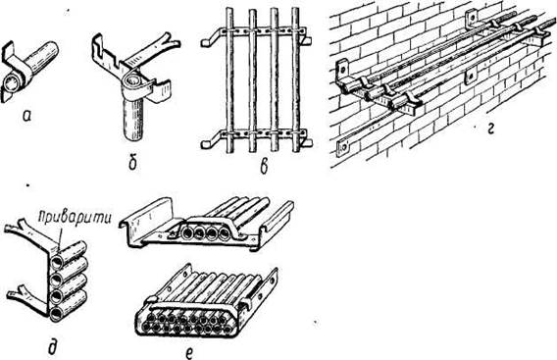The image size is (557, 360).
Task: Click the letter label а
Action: coord(25,116)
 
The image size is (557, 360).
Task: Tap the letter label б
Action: coord(133,163)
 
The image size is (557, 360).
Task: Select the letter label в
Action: coord(264,167)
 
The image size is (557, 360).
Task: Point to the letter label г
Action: coord(490,129)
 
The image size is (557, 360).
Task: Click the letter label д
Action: coord(53,346)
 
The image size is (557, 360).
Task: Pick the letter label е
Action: coord(189,352)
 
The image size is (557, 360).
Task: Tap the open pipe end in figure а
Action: coord(12,83)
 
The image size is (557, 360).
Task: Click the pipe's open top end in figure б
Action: coord(134,79)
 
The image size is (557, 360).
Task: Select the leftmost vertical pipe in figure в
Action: coord(229,80)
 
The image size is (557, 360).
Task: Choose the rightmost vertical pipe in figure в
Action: coord(295,80)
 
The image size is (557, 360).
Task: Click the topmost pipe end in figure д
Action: coord(57,263)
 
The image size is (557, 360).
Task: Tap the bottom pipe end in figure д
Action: coord(57,315)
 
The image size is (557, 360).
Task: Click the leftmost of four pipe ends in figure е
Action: coord(187,233)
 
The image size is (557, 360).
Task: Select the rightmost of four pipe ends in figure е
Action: coord(225,233)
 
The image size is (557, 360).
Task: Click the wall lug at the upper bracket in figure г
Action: coord(471,18)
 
